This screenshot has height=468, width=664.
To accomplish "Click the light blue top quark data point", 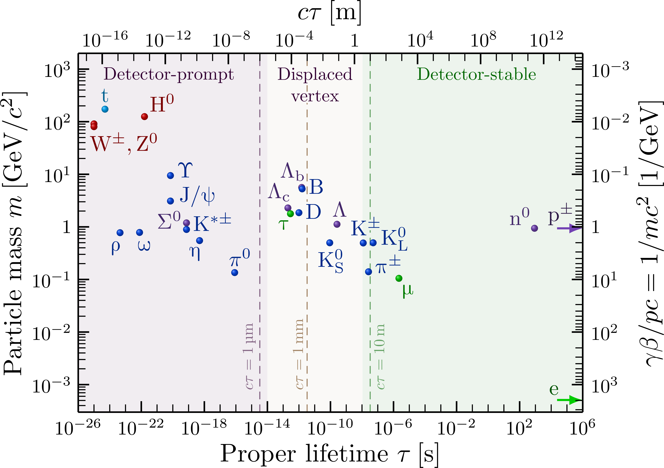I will [105, 109].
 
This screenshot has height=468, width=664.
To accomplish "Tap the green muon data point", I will [399, 278].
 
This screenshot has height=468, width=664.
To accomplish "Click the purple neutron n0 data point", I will [534, 228].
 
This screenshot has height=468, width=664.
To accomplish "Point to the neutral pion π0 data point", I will [235, 273].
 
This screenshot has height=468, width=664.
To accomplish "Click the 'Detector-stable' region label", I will [476, 74].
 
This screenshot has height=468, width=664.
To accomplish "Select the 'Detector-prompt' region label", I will [169, 74].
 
